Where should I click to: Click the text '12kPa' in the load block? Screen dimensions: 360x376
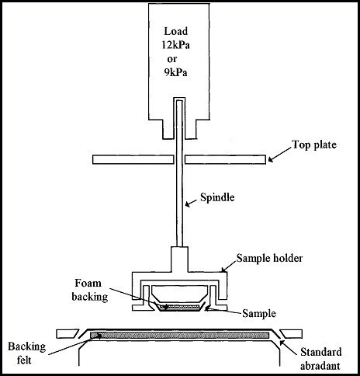point(176,45)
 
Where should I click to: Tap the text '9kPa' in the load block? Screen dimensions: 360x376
point(175,72)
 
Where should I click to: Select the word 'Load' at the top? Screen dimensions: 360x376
point(176,31)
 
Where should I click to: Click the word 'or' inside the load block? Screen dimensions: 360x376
point(172,59)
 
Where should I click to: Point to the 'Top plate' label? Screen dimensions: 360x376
point(314,144)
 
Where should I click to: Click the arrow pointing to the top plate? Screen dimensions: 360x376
point(280,155)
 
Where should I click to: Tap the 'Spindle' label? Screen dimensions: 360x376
point(217,197)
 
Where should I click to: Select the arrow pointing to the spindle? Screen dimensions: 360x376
point(192,204)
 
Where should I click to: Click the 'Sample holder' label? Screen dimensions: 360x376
point(269,258)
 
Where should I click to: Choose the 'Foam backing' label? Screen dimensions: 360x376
point(89,290)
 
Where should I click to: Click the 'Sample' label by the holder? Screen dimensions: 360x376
point(259,314)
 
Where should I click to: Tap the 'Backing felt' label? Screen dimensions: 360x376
point(27,353)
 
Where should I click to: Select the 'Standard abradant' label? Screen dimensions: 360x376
point(320,359)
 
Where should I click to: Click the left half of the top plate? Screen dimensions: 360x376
point(133,159)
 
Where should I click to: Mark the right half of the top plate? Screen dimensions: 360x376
point(225,159)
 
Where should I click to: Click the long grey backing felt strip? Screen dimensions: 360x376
point(179,336)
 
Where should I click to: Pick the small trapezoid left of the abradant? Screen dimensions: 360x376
point(67,334)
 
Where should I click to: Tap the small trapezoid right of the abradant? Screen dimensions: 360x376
point(292,334)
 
